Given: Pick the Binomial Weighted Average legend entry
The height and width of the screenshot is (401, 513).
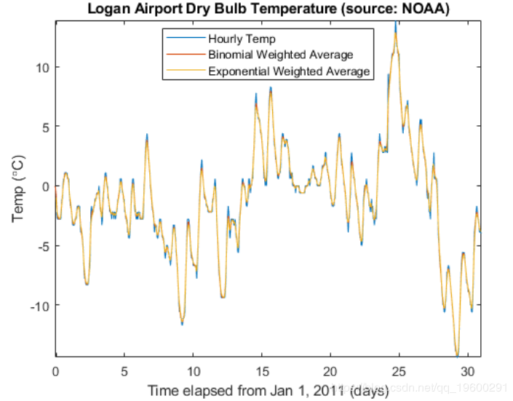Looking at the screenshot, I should tap(280, 55).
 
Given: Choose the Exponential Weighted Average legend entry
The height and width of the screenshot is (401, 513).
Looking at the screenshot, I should tap(289, 71).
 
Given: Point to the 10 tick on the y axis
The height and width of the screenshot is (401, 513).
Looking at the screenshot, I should tap(41, 67).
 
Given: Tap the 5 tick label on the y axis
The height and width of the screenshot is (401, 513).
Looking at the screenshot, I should tap(44, 127).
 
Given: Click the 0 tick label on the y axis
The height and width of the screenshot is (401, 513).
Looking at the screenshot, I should tap(44, 186).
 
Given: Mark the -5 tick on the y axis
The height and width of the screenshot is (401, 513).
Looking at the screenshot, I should tap(42, 246).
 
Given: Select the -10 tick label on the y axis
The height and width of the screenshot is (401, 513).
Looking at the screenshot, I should tap(39, 305).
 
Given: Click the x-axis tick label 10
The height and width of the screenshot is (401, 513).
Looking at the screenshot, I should tap(193, 370).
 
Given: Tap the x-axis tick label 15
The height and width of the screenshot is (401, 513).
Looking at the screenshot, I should tap(262, 370).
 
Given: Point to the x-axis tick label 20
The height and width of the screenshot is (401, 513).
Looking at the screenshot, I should tap(330, 370).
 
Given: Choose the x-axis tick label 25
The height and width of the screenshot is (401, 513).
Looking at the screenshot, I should tap(399, 370).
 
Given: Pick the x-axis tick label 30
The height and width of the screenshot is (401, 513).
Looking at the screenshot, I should tap(468, 370).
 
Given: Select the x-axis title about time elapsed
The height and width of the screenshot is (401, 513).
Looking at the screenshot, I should tap(268, 391).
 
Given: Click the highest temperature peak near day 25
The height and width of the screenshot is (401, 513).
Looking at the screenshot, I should tap(395, 24).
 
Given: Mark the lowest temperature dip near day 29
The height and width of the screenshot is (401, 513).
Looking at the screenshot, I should tap(457, 354).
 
